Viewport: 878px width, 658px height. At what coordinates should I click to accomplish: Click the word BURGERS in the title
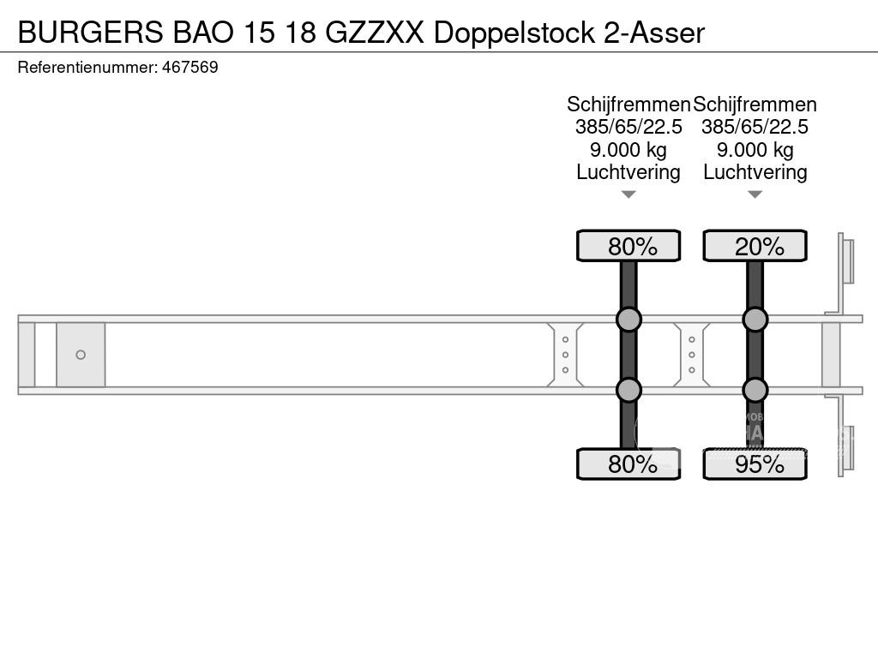[88, 33]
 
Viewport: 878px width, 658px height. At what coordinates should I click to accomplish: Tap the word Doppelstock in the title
[514, 33]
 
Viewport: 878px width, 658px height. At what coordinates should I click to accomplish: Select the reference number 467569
[189, 67]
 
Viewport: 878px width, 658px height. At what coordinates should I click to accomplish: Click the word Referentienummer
[87, 67]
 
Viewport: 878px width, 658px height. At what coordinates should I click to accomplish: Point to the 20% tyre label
[755, 246]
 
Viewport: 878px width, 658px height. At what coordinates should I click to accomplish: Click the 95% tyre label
[755, 464]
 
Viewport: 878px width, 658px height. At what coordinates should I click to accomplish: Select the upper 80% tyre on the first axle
[628, 246]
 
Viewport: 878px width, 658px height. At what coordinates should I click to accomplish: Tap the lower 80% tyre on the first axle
[628, 464]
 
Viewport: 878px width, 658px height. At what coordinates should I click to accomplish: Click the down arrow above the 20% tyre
[755, 194]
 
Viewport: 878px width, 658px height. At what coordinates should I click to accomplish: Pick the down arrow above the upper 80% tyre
[628, 194]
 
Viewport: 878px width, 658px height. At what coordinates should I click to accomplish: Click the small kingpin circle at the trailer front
[81, 355]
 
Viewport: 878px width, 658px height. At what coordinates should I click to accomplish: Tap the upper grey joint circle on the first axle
[628, 320]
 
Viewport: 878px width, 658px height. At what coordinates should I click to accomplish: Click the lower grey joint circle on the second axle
[755, 390]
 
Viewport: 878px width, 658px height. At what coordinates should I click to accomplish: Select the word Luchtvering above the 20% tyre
[755, 172]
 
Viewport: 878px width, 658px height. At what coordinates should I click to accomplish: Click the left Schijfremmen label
[628, 105]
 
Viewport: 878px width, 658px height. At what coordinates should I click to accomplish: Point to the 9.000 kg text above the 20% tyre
[755, 150]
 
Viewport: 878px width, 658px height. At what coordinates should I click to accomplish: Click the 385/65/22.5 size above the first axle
[628, 127]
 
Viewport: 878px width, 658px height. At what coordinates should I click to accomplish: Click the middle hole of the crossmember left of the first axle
[565, 355]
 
